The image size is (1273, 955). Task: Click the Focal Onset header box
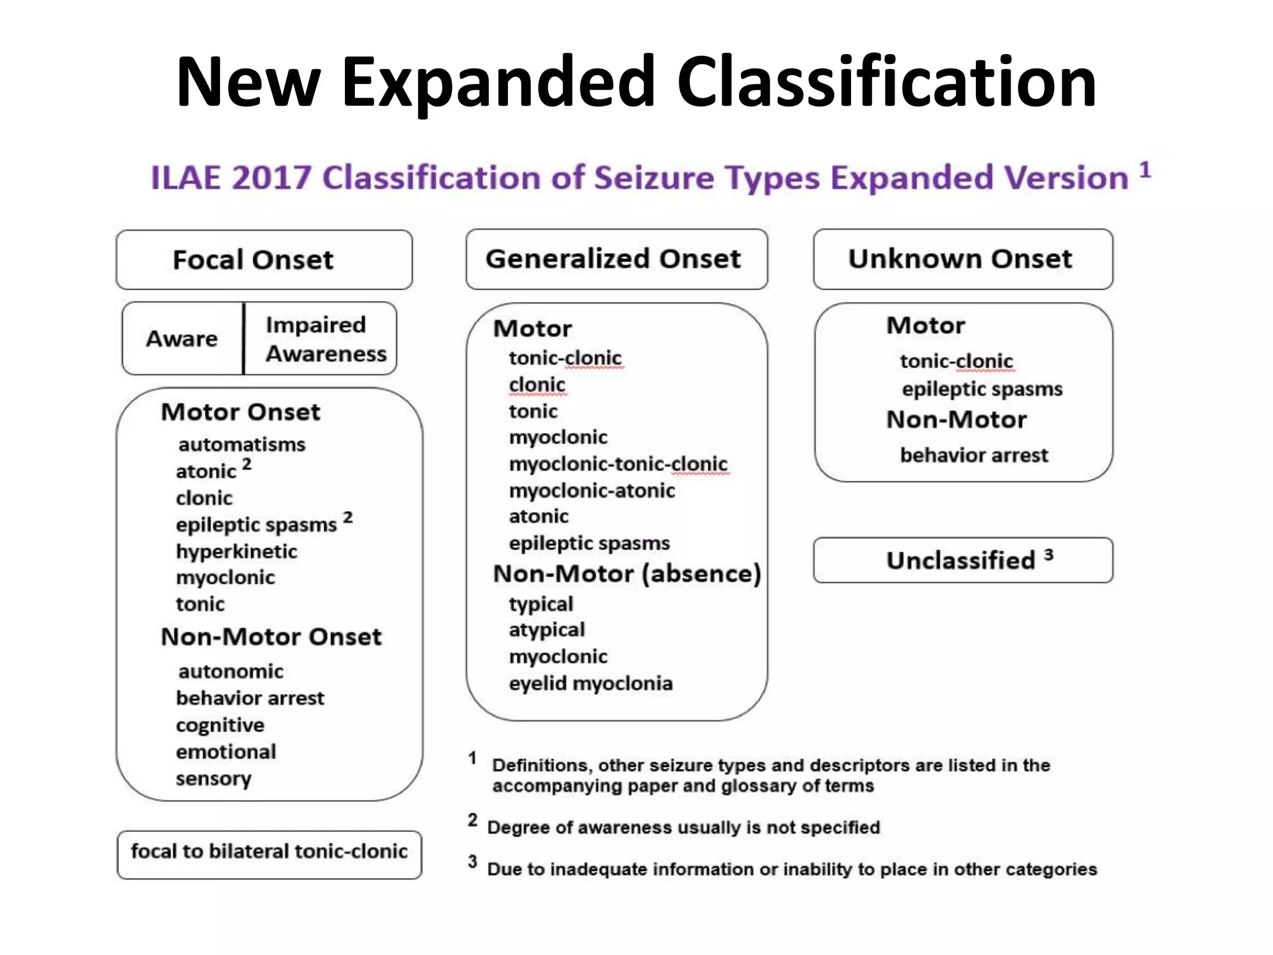click(264, 260)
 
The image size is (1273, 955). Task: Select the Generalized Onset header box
click(616, 259)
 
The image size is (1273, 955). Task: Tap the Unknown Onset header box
click(962, 259)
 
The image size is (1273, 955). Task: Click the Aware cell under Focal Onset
click(182, 339)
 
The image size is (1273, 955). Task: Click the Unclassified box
click(962, 560)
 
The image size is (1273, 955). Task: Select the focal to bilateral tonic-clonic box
click(269, 852)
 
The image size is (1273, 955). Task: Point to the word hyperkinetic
click(236, 551)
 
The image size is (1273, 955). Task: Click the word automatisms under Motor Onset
click(242, 445)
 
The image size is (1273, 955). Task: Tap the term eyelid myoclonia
click(591, 684)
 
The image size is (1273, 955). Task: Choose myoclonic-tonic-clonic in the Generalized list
click(618, 464)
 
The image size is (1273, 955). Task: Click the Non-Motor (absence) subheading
click(627, 574)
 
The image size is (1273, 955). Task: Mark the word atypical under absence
click(547, 630)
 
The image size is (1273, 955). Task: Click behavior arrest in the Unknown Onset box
click(973, 456)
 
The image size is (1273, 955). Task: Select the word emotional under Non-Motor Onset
click(226, 752)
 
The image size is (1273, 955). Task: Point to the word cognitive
click(220, 726)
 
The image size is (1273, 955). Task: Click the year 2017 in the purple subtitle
click(272, 178)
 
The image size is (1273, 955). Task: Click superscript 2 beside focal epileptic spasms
click(347, 517)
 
